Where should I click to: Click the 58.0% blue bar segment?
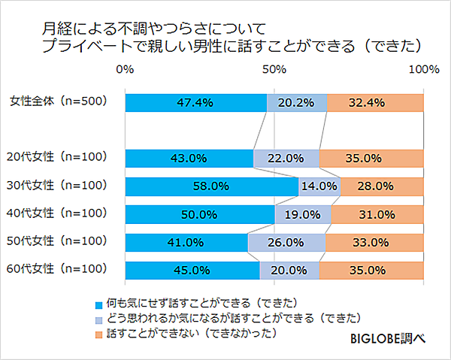(x=211, y=186)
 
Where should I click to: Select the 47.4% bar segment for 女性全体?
(x=195, y=102)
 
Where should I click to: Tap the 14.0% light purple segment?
(x=319, y=186)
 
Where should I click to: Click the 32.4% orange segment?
(x=375, y=102)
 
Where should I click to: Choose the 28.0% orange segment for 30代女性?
(x=382, y=186)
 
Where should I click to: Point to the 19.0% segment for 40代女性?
(x=303, y=214)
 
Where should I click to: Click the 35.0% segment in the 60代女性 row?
(x=371, y=271)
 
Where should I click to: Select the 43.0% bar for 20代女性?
(x=189, y=159)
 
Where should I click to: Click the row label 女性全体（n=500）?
(x=58, y=101)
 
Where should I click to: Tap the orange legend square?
(x=98, y=333)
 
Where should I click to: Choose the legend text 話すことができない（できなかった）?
(x=188, y=333)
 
